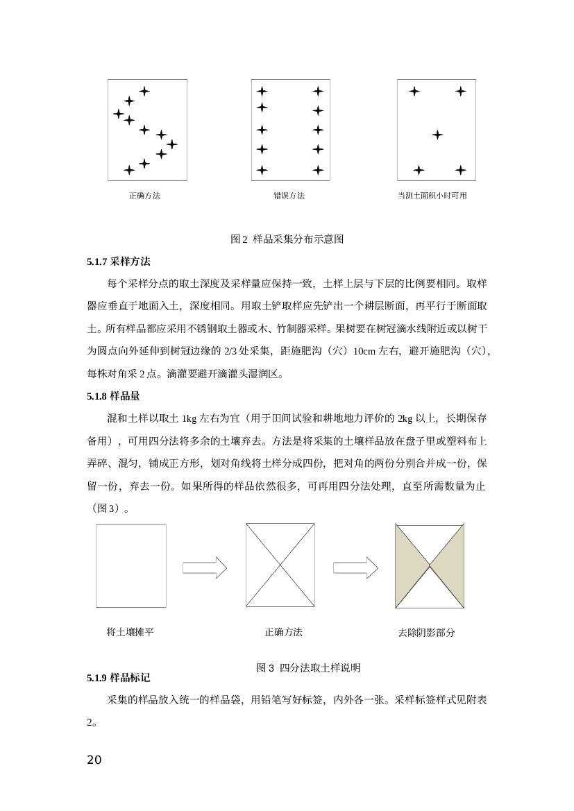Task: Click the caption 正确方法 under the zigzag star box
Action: pyautogui.click(x=145, y=196)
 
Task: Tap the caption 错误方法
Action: pyautogui.click(x=289, y=196)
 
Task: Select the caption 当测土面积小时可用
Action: pyautogui.click(x=432, y=196)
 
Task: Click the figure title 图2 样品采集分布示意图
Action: pyautogui.click(x=287, y=239)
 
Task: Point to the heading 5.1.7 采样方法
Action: pyautogui.click(x=119, y=262)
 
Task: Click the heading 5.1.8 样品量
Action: pyautogui.click(x=113, y=396)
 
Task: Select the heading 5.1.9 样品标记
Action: pyautogui.click(x=119, y=678)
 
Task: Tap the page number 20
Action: pyautogui.click(x=94, y=760)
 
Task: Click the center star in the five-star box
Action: pyautogui.click(x=437, y=135)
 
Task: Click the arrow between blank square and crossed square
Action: pyautogui.click(x=205, y=567)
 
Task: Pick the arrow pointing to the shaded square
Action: pyautogui.click(x=355, y=567)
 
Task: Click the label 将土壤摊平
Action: pyautogui.click(x=130, y=632)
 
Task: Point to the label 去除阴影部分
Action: pyautogui.click(x=426, y=633)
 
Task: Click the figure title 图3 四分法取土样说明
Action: pyautogui.click(x=308, y=667)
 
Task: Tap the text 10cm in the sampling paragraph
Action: pyautogui.click(x=364, y=351)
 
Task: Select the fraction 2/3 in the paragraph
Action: pyautogui.click(x=230, y=351)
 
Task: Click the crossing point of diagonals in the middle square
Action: pyautogui.click(x=280, y=565)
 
